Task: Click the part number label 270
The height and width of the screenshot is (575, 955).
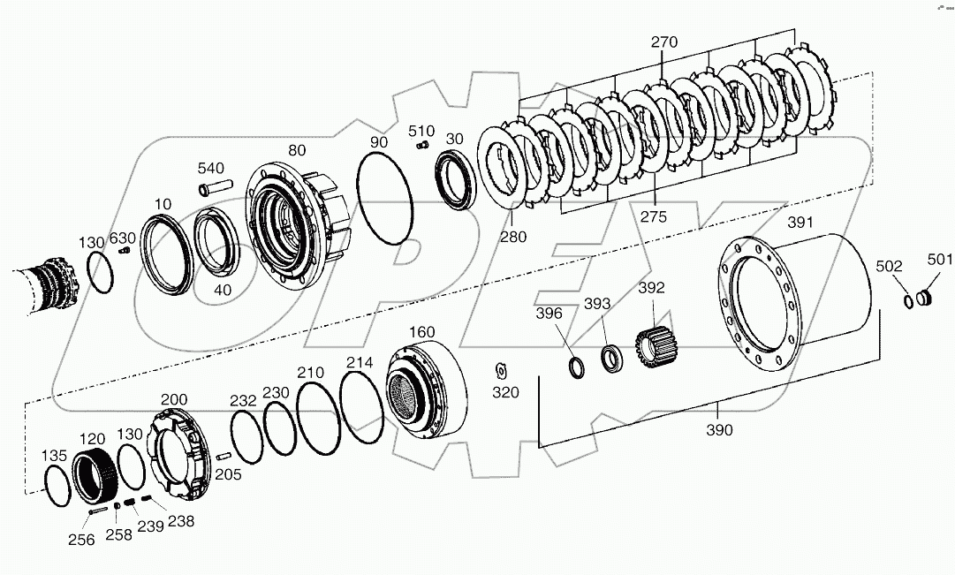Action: pyautogui.click(x=663, y=42)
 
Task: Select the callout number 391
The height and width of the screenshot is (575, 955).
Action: pyautogui.click(x=800, y=223)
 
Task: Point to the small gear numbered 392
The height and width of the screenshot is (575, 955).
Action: pyautogui.click(x=651, y=341)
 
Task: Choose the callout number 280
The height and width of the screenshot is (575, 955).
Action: pyautogui.click(x=512, y=237)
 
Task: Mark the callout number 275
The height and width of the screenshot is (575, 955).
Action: pyautogui.click(x=655, y=217)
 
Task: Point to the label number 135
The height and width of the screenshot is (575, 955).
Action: pyautogui.click(x=56, y=456)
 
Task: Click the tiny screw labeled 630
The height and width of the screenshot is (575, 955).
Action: pyautogui.click(x=125, y=252)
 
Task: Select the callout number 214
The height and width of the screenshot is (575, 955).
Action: pyautogui.click(x=360, y=362)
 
